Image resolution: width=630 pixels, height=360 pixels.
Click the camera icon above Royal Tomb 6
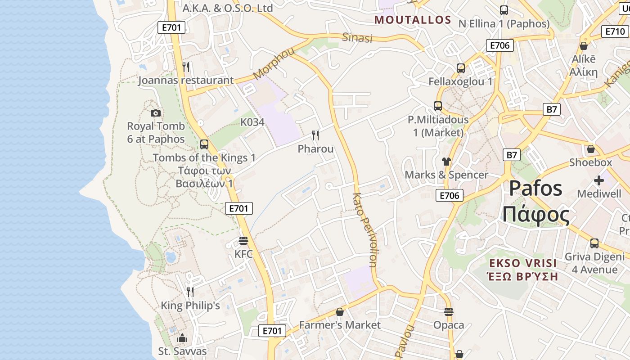coord(156,113)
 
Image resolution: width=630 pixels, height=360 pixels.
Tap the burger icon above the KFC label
coord(243,241)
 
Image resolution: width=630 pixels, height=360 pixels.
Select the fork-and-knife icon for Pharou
coord(315,135)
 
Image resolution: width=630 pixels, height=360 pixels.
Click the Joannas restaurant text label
coord(186,81)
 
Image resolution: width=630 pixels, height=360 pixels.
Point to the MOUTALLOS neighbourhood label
coord(413,20)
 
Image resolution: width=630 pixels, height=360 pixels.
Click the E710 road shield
coord(615,31)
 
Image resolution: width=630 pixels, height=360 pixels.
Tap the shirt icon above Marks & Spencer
coord(446,161)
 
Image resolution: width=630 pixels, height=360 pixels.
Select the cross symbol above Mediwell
coord(598,180)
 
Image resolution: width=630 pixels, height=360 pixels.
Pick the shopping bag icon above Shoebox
coord(591,149)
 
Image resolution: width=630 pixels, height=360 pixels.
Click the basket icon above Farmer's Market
coord(340,312)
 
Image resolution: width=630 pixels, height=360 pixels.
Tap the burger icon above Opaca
coord(448,311)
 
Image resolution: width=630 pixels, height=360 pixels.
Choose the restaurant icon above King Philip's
coord(190,292)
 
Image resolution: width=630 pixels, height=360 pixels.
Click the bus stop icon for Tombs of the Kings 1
coord(204,144)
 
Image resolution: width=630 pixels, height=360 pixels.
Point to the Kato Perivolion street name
coord(364,230)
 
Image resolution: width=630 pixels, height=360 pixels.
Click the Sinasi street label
coord(357,38)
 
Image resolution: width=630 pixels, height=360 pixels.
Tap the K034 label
coord(252,122)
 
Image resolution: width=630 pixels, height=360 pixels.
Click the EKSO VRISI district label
coord(523,263)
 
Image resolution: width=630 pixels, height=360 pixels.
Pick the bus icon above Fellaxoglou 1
coord(460,68)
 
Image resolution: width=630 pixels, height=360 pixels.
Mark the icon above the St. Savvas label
coord(182,338)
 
